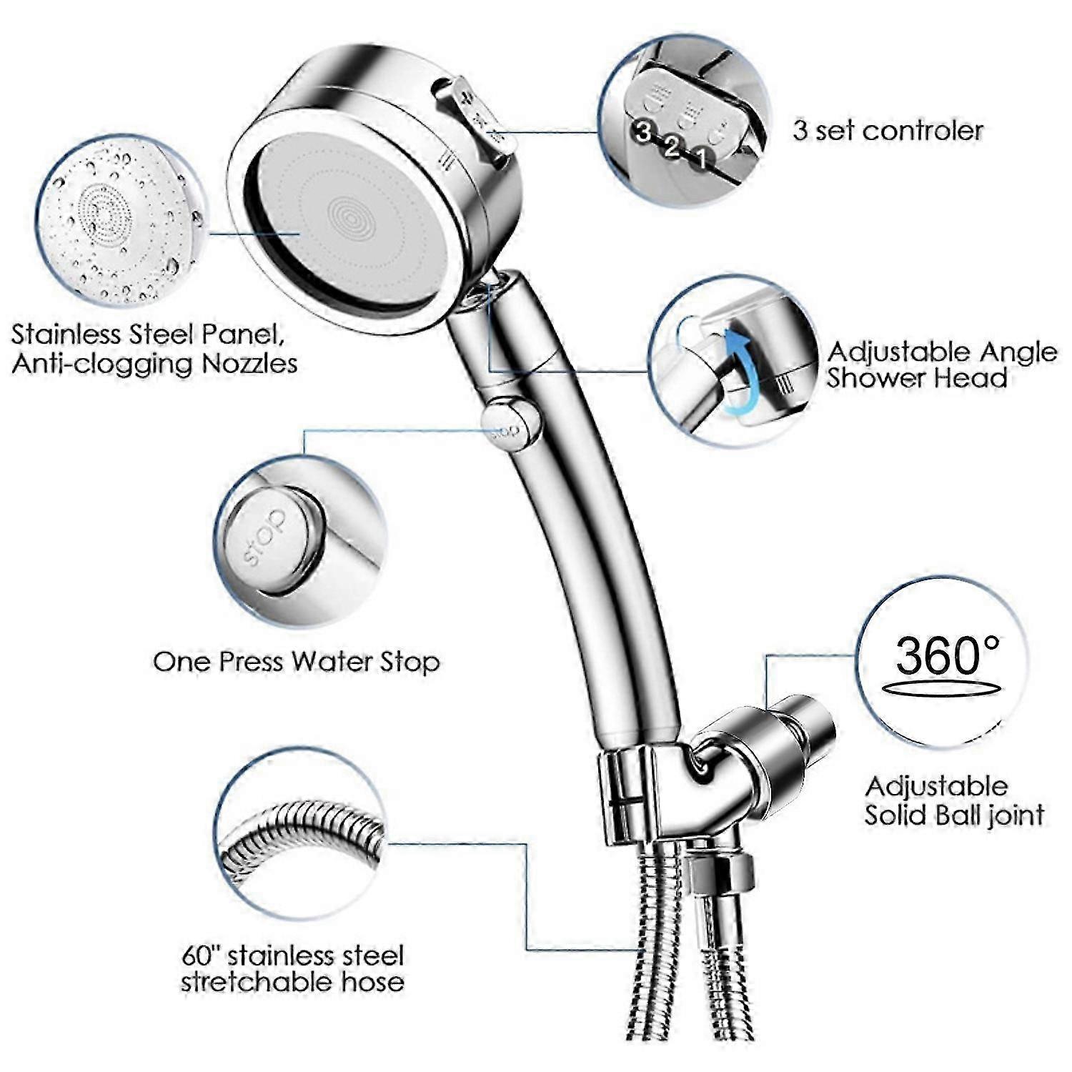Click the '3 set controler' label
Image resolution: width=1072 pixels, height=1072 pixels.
tap(888, 131)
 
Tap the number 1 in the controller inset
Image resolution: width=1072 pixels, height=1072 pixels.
tap(702, 157)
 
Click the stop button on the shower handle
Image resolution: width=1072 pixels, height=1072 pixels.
tap(508, 424)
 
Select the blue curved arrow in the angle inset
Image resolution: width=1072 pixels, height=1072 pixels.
tap(740, 375)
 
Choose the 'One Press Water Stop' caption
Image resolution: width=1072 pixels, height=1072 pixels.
tap(296, 662)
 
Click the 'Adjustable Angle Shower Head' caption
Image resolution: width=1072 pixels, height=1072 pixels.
tap(942, 364)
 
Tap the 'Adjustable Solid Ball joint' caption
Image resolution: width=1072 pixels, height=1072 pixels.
tap(954, 800)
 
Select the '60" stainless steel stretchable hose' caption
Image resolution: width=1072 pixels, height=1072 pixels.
tap(292, 968)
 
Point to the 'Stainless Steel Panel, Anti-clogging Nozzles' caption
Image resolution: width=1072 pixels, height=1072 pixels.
tap(154, 349)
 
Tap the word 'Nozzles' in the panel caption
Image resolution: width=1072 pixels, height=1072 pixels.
tap(249, 363)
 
